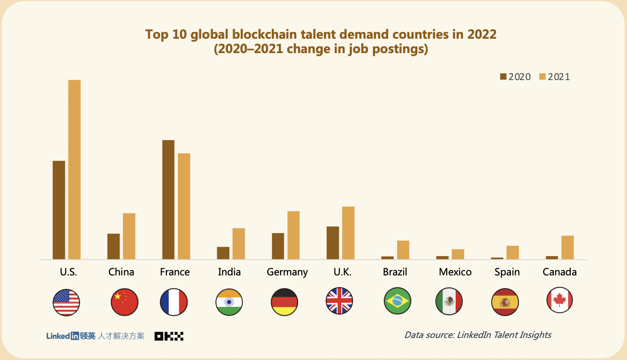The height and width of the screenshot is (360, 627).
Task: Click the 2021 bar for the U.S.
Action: pos(74,170)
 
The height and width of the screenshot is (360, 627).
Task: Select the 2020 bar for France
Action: pos(168,200)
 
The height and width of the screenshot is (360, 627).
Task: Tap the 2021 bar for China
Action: pos(129,236)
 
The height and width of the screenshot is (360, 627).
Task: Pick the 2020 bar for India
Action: pos(223,253)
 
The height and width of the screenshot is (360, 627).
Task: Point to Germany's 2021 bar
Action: pos(293,235)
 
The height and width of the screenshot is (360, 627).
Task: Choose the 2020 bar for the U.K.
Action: pos(333,243)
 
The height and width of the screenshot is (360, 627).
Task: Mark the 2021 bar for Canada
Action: pos(567,247)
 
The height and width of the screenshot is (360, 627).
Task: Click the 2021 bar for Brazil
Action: pos(403,250)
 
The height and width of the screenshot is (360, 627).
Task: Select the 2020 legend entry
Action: pos(515,77)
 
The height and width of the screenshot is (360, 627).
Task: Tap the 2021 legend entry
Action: pos(554,77)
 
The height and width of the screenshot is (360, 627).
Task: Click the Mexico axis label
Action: pos(455,272)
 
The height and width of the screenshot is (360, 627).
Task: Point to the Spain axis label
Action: pos(507,272)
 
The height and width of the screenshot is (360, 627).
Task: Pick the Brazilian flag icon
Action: pos(397,301)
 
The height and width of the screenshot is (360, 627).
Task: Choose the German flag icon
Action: pos(284,301)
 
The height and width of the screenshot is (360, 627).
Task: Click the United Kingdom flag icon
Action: pos(339,301)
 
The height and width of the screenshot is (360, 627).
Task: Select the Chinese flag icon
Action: pos(124,301)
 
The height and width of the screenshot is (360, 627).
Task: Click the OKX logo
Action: pos(169,336)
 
